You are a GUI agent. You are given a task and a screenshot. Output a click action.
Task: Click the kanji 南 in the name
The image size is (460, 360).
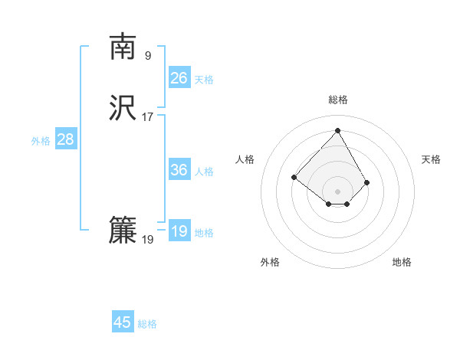pos(123,47)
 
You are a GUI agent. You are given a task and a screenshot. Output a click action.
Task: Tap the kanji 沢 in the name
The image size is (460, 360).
pos(123,109)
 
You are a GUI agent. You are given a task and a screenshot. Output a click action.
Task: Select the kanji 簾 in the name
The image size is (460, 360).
pos(123,231)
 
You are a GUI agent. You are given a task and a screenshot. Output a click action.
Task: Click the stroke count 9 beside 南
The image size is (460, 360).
pos(147,56)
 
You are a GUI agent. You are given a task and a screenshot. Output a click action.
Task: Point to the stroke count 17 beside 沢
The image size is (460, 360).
pos(147,117)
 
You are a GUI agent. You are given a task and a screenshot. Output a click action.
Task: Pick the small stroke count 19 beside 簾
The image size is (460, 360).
pos(147,240)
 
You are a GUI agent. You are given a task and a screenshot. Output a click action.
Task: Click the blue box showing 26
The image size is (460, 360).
pos(179,77)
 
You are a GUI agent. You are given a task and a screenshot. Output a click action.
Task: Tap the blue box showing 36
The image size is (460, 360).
pos(179,170)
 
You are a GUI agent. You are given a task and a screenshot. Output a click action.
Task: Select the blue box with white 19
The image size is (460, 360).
pos(179,231)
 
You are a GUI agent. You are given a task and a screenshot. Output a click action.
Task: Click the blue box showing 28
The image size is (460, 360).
pos(65,139)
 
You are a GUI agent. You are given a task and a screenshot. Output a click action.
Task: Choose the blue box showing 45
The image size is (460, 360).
pos(123,322)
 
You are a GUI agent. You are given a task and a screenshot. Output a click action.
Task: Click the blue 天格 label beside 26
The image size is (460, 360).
pos(204,80)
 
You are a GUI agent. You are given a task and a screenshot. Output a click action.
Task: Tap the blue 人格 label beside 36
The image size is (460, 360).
pos(204,172)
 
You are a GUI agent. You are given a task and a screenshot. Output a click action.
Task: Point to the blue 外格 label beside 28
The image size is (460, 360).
pos(41,141)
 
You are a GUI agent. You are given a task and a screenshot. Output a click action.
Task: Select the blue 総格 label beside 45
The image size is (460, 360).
pos(147,324)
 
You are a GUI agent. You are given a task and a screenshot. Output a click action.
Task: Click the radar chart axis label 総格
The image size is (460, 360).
pos(338,100)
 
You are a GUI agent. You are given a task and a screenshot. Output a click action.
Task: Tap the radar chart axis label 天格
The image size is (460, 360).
pos(431,159)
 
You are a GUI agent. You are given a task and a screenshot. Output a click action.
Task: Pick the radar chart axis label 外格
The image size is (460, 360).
pos(270,262)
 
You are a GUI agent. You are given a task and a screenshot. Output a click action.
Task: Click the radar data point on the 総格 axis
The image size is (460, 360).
pos(338,130)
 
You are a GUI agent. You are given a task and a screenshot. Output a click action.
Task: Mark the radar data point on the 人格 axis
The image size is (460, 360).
pos(294,177)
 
